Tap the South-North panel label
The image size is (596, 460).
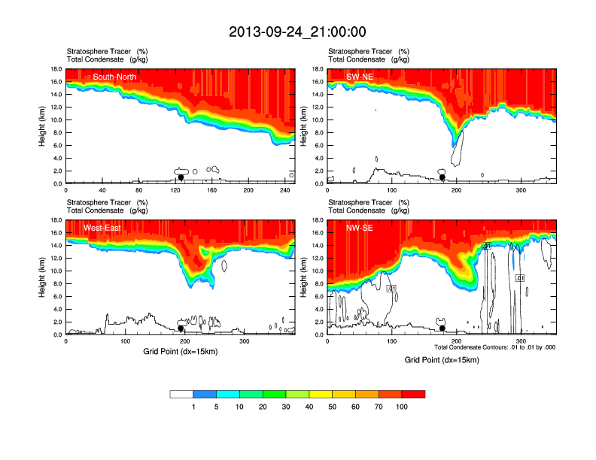(x=112, y=76)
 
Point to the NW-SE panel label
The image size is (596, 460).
(x=359, y=228)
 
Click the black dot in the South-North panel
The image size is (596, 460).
(x=181, y=177)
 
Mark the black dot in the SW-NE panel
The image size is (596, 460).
(x=442, y=177)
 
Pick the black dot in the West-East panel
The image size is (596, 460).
(x=181, y=328)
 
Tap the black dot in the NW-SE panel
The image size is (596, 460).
(x=442, y=328)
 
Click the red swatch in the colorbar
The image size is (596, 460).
(x=413, y=394)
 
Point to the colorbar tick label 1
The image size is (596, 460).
(x=193, y=407)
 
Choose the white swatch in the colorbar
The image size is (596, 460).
(x=182, y=394)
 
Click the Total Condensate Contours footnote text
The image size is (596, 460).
(x=494, y=347)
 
